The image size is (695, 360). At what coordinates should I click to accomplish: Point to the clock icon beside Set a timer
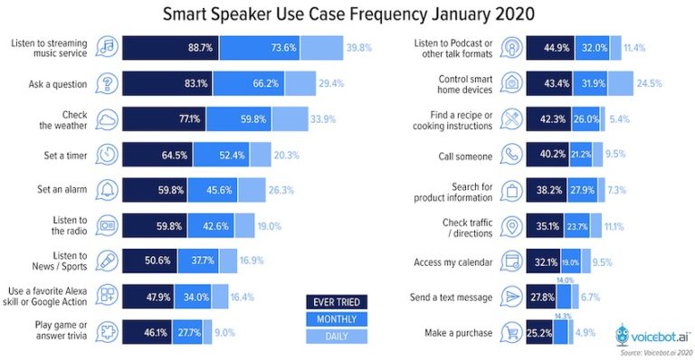106,154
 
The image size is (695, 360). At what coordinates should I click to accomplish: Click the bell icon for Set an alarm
106,189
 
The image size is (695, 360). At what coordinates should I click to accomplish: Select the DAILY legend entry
335,336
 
